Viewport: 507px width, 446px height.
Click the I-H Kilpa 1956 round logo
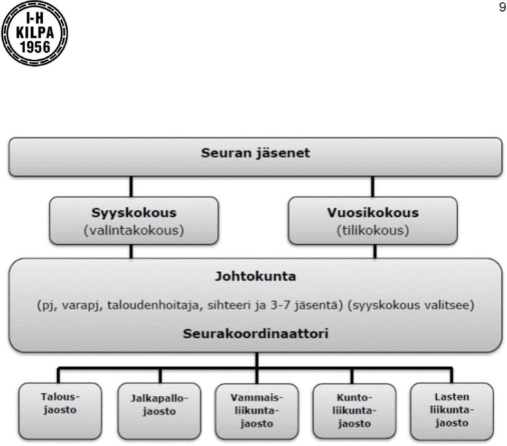pos(35,33)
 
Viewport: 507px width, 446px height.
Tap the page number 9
pos(502,7)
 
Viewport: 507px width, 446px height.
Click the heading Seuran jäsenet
pos(256,153)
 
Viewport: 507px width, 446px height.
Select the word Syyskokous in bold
pos(134,213)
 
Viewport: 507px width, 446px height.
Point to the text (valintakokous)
pos(134,230)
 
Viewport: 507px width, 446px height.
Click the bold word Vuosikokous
pos(373,212)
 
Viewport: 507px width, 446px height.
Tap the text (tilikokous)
pos(373,230)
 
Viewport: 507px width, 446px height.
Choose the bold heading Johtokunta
pos(256,276)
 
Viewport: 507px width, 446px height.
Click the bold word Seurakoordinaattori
pos(256,333)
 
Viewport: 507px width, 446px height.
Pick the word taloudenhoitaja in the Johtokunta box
pos(153,305)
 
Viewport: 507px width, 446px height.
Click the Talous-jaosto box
pos(60,411)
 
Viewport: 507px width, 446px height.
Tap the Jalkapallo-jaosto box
pos(159,411)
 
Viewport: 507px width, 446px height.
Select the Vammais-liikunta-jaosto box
pos(257,412)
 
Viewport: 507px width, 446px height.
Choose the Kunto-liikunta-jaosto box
pos(354,412)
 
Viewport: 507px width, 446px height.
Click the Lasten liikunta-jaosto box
pos(452,412)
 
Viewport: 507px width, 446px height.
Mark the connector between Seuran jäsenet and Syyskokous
pos(131,187)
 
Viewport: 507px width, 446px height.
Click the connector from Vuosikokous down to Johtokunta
pos(375,252)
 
